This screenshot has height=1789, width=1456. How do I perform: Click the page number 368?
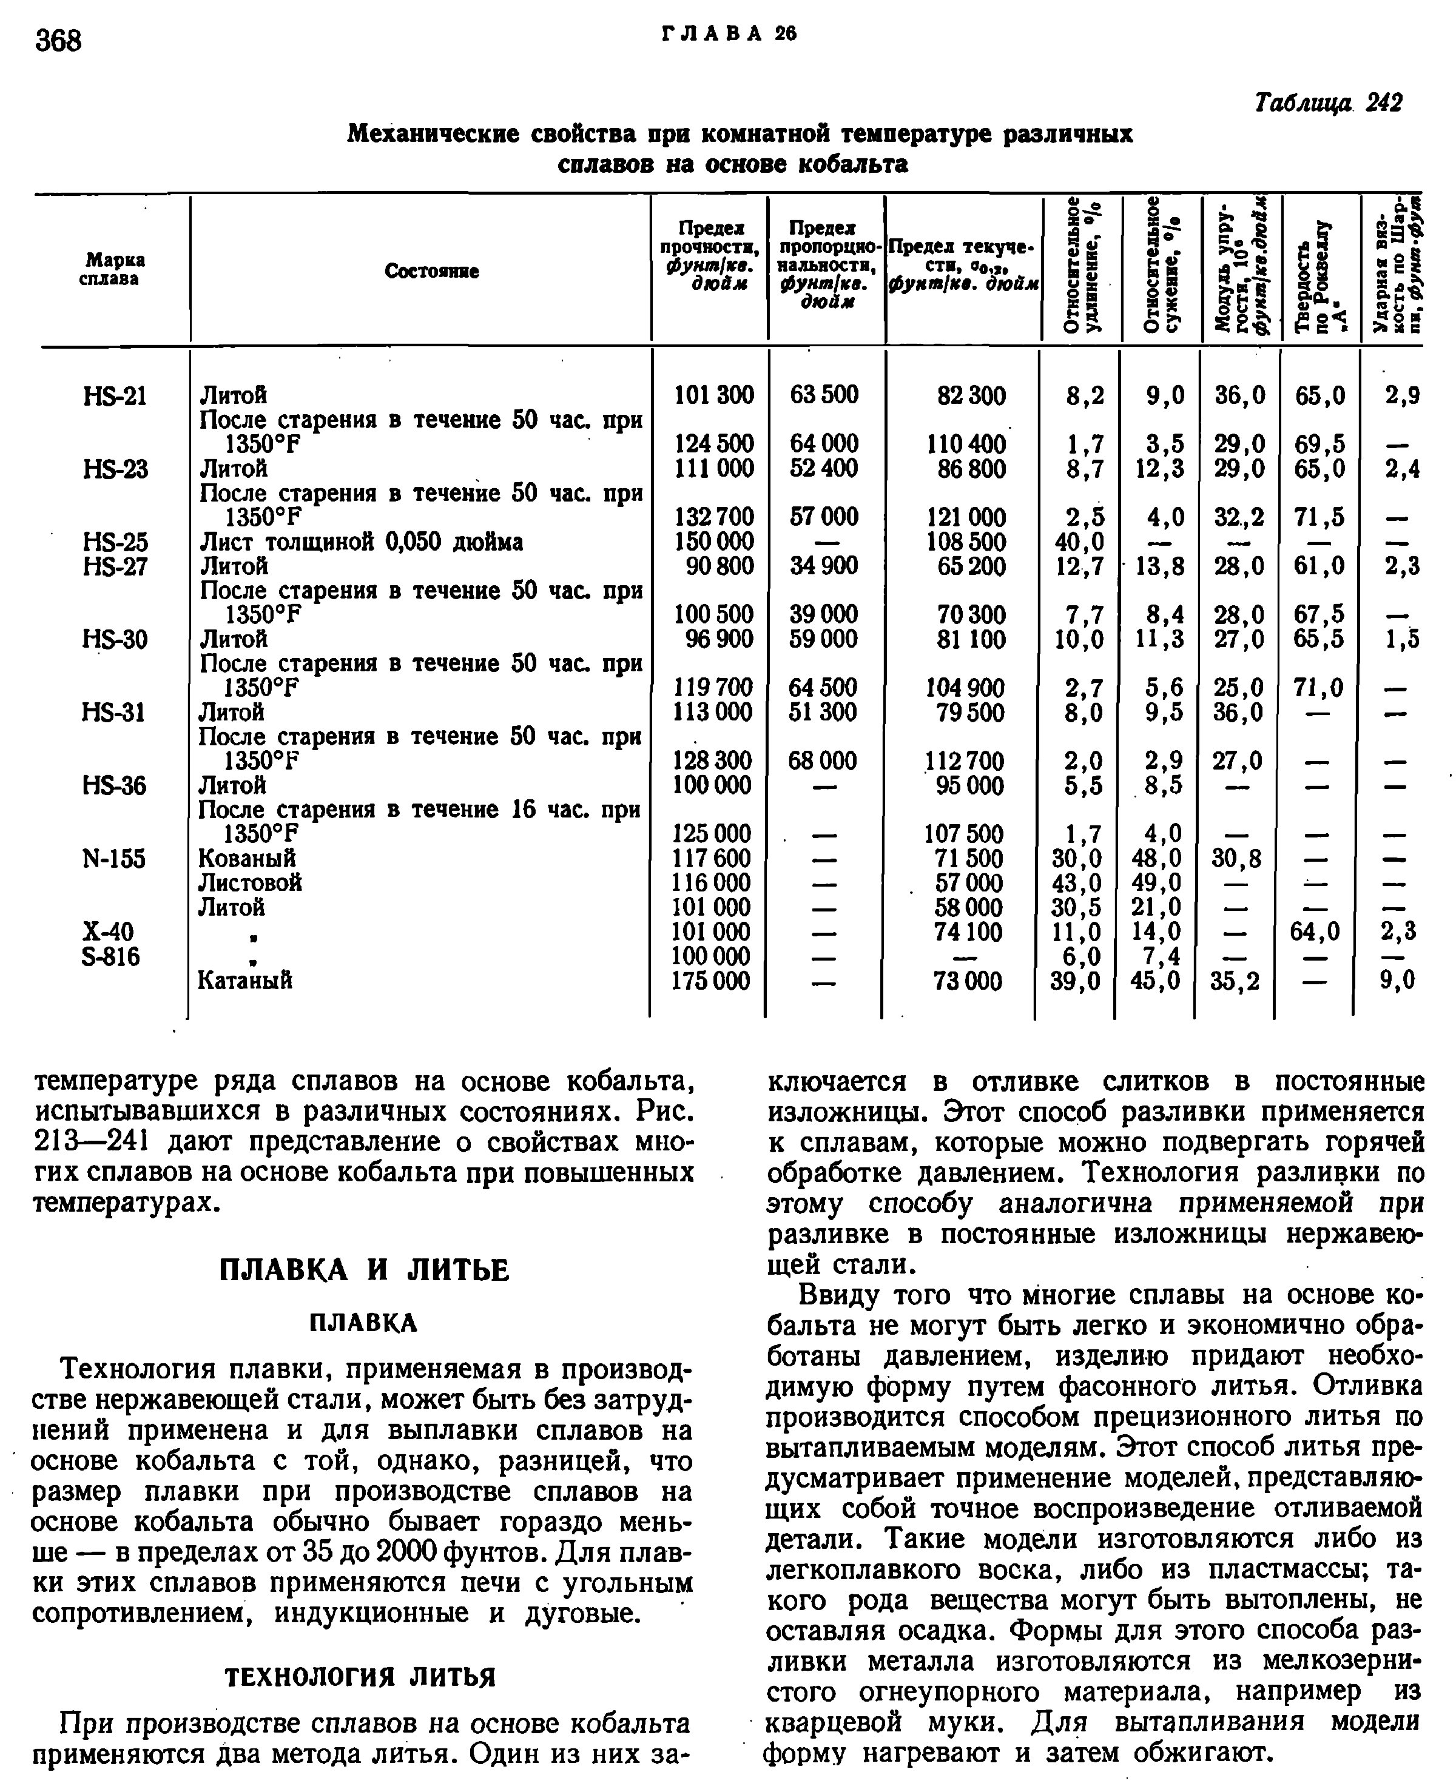pos(59,39)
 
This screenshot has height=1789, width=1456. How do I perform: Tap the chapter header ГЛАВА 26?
pos(729,33)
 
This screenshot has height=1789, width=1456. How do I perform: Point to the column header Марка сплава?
pos(112,269)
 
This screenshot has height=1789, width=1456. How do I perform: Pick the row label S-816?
pos(110,956)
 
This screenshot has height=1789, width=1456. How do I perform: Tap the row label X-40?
pos(109,932)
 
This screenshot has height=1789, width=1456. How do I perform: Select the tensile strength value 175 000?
pos(711,981)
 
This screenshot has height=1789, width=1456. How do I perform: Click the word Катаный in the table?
pos(245,981)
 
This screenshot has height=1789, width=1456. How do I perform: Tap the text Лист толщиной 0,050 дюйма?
pos(360,542)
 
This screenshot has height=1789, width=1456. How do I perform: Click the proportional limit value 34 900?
pos(824,566)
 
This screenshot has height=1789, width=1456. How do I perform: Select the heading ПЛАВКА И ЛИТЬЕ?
pos(364,1271)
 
